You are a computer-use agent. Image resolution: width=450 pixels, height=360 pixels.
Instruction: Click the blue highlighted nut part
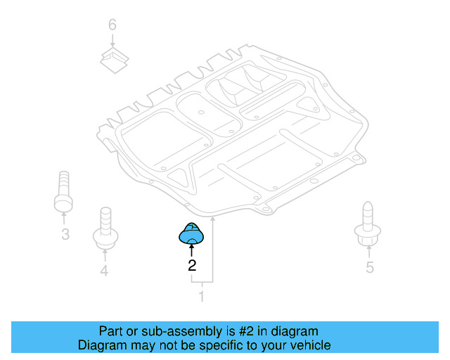coord(191,233)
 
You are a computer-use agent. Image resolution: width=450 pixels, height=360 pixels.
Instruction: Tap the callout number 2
coord(191,266)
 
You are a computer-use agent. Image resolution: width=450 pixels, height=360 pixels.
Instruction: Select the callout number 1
coord(202,297)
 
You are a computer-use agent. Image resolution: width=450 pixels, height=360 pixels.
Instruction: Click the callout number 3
coord(65,234)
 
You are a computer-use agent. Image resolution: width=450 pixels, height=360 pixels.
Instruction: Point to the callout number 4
coord(104,271)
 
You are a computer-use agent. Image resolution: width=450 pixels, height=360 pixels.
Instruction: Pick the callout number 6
coord(112,25)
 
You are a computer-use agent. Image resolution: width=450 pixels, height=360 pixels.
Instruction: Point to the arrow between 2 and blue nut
coord(191,250)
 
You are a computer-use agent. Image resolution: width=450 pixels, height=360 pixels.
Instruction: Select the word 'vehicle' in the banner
coord(309,345)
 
